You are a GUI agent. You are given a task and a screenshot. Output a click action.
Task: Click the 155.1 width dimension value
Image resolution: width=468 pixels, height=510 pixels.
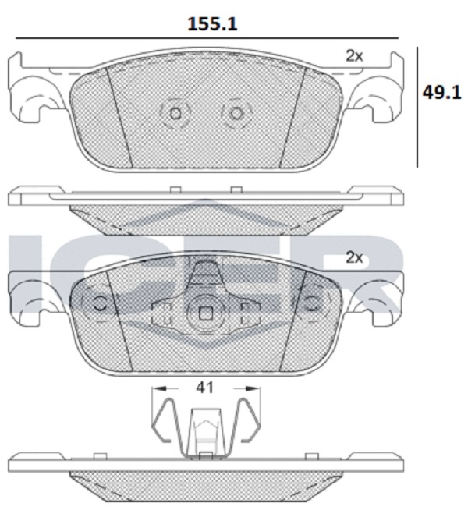click(x=212, y=24)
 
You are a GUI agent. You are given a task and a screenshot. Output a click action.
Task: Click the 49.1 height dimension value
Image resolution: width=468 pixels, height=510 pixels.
click(x=441, y=93)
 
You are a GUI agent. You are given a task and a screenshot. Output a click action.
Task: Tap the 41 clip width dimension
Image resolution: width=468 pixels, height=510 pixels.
click(x=205, y=388)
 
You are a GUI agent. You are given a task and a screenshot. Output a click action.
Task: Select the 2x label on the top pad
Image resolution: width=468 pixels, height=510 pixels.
click(x=354, y=56)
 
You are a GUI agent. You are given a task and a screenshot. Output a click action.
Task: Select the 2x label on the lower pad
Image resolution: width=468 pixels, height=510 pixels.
click(x=354, y=258)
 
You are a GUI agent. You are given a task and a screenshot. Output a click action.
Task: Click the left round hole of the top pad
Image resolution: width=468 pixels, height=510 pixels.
click(x=175, y=114)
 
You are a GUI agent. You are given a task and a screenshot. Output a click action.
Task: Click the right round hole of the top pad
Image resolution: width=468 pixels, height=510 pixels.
click(x=236, y=114)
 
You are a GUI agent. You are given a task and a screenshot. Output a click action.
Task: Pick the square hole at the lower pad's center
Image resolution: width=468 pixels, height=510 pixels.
click(x=206, y=313)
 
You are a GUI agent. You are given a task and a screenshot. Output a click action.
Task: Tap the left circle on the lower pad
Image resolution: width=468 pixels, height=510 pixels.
click(x=100, y=303)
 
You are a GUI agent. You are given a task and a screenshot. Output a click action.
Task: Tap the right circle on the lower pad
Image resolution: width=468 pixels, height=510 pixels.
click(x=312, y=303)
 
